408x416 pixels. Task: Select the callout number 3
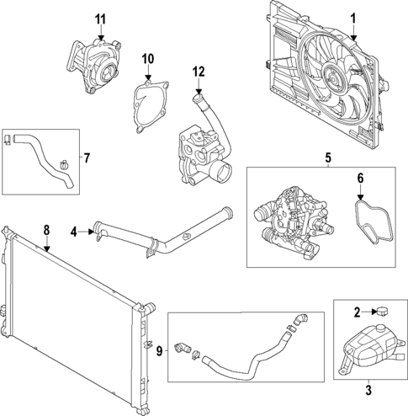pyautogui.click(x=368, y=389)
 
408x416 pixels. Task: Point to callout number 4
pyautogui.click(x=75, y=232)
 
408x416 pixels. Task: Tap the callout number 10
pyautogui.click(x=148, y=58)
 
